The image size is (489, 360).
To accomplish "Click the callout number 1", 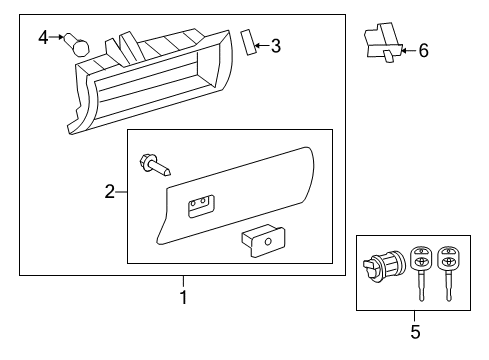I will (x=183, y=297).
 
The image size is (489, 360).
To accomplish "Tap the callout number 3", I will (x=276, y=45).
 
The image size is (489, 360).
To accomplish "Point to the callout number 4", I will (x=43, y=38).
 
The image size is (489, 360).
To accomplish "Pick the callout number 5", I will (x=415, y=330).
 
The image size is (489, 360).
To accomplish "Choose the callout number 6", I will (x=423, y=49).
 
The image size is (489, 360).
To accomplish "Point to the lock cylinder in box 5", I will (x=383, y=267).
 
